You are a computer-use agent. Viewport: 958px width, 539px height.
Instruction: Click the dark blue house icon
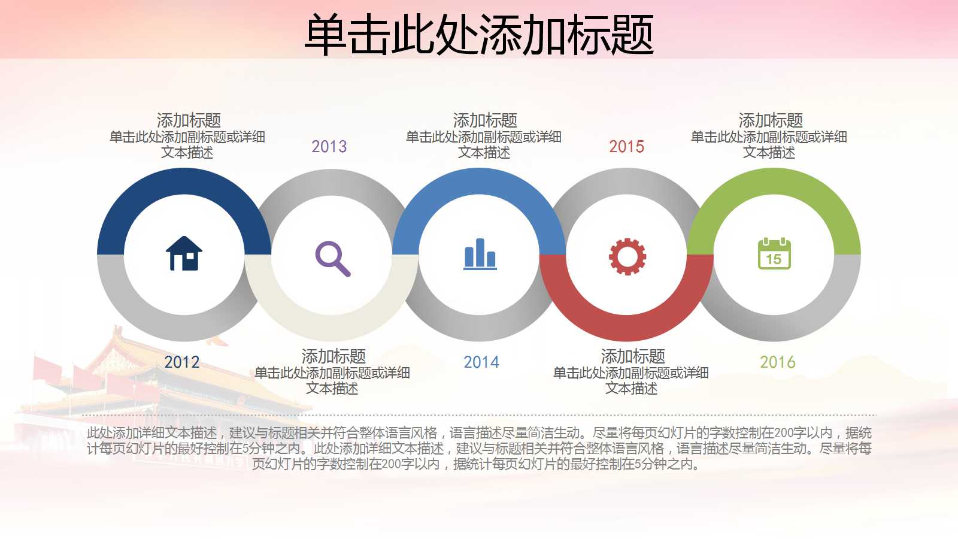pos(184,254)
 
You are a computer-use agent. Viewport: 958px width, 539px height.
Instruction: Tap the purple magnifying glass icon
pos(332,258)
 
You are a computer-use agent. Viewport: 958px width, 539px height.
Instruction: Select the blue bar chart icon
pos(480,254)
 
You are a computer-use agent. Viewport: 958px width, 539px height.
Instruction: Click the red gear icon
pos(627,256)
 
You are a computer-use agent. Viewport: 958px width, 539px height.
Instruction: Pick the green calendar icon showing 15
pos(774,254)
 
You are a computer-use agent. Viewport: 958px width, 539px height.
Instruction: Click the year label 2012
pos(182,362)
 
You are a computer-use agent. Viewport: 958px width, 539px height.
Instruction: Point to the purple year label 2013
pos(329,146)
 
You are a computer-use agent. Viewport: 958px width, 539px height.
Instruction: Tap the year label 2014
pos(481,362)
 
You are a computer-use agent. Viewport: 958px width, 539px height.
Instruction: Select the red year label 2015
pos(627,146)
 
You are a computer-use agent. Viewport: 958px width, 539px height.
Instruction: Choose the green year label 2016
pos(778,362)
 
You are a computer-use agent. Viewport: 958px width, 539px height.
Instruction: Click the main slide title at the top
pos(479,35)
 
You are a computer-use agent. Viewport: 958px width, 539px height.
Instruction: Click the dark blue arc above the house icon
pos(184,181)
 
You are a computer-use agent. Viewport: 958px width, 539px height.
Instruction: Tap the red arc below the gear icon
pos(627,328)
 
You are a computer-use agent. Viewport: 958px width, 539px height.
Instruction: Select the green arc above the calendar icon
pos(774,181)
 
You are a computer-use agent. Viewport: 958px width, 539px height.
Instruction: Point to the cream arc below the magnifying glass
pos(332,328)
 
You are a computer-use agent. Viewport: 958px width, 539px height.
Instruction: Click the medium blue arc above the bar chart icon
pos(480,181)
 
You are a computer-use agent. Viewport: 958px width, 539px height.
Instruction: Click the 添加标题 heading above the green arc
pos(771,120)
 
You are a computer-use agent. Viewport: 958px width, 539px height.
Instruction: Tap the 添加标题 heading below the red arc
pos(633,356)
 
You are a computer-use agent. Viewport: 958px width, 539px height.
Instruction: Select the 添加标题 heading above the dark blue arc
pos(189,120)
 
